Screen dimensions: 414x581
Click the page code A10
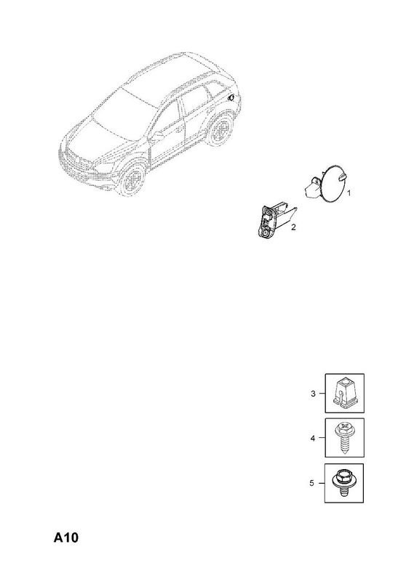point(66,537)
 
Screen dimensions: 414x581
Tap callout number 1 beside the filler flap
point(349,193)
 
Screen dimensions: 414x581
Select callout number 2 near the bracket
point(293,227)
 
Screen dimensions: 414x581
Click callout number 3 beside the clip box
point(313,394)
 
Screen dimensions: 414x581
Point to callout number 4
point(313,439)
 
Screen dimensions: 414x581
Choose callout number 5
point(312,483)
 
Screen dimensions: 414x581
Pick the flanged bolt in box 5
point(343,482)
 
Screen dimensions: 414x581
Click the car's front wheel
point(131,182)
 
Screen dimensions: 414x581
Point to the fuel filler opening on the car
point(231,97)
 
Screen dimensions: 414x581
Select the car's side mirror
point(159,134)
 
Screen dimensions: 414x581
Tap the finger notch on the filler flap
point(343,177)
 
